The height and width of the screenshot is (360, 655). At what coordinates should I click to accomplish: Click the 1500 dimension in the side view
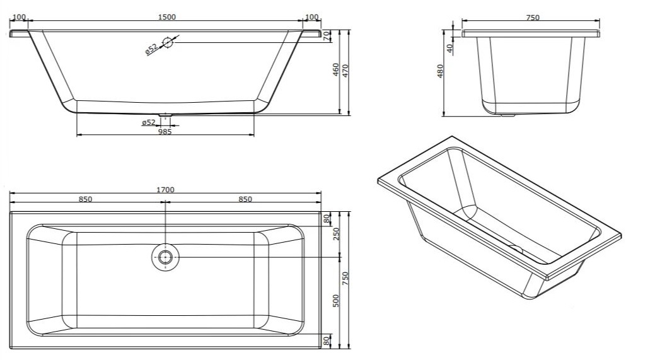pos(166,17)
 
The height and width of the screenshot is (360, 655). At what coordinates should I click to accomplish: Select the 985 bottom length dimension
pos(165,132)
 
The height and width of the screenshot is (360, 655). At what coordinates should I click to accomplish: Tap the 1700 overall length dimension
pos(165,190)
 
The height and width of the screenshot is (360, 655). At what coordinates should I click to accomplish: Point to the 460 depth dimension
pos(335,69)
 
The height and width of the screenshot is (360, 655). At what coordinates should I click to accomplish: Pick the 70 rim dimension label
pos(327,35)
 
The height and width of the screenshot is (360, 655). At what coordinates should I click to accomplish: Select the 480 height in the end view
pos(439,71)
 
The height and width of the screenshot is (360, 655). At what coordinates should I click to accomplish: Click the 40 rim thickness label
pos(449,49)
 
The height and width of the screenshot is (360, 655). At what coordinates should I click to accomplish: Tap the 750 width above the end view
pos(533,18)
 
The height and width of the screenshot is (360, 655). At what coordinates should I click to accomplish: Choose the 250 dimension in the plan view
pos(335,234)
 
